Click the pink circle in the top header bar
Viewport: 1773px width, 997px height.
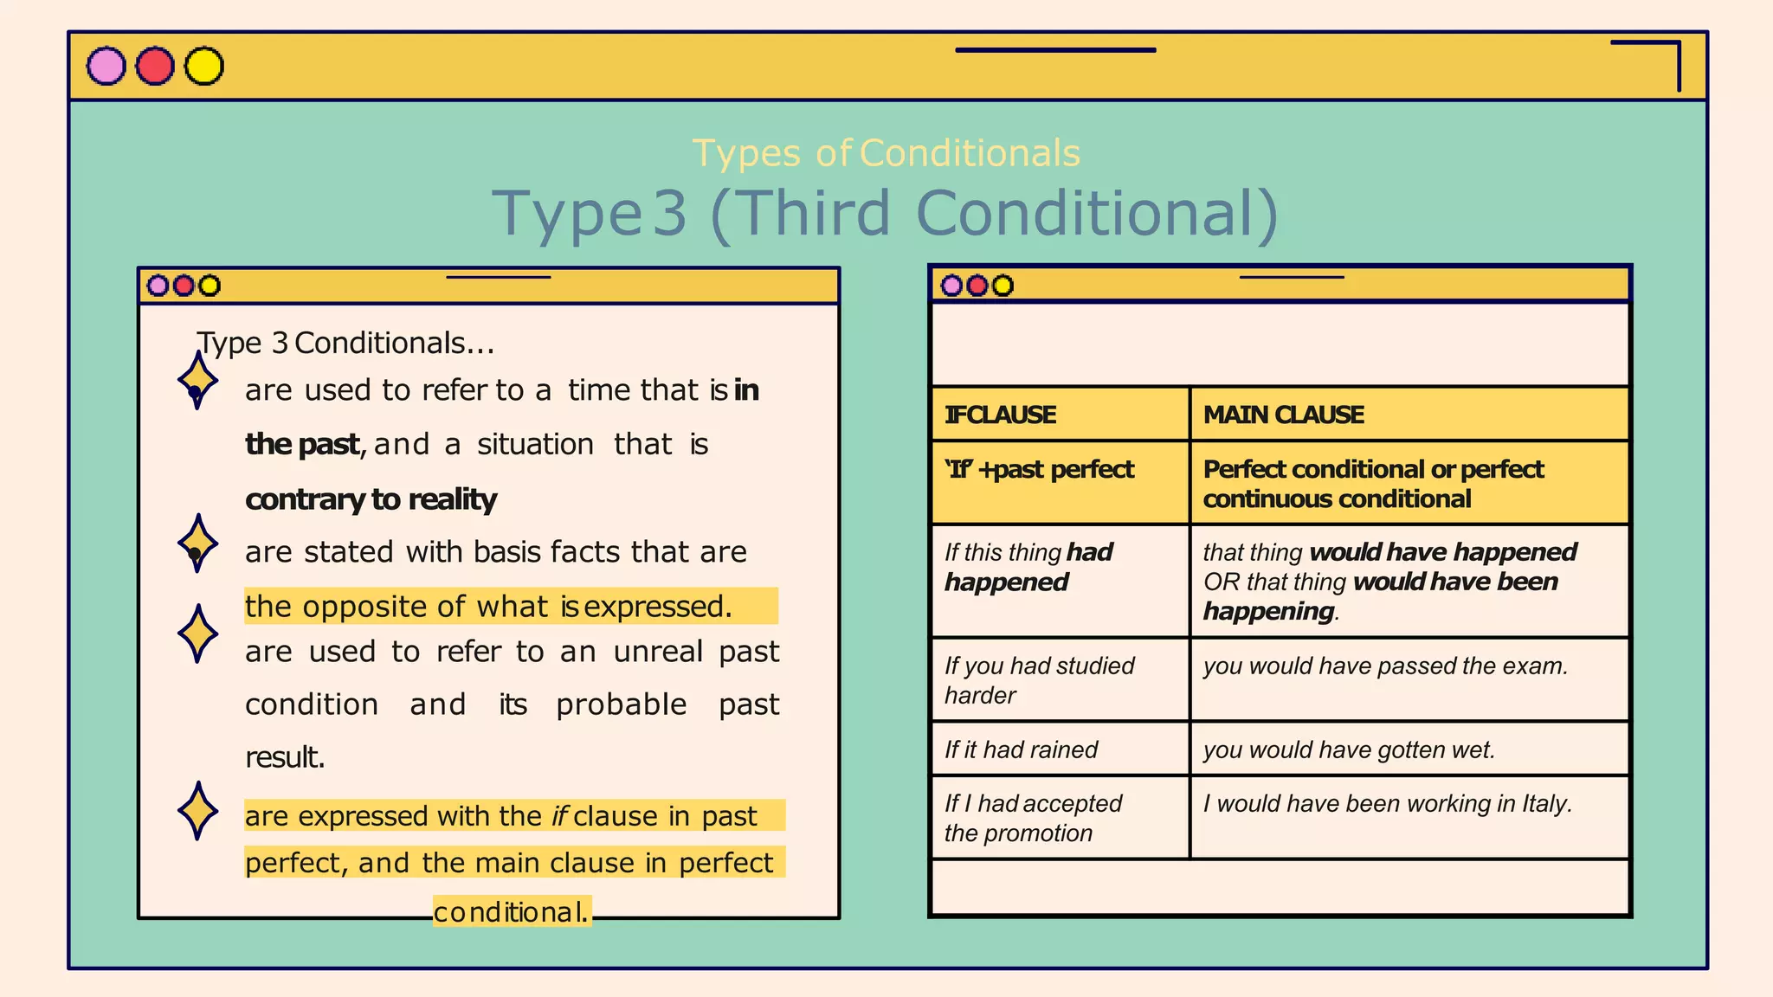(106, 67)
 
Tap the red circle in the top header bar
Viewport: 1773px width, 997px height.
(155, 67)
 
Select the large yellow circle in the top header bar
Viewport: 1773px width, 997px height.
(204, 67)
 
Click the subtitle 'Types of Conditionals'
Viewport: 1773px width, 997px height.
(886, 153)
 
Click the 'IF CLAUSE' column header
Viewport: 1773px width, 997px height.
(1000, 415)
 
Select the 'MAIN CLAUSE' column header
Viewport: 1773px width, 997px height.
(1283, 415)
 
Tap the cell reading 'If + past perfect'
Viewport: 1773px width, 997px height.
(1039, 469)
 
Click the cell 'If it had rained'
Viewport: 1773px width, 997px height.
(1021, 749)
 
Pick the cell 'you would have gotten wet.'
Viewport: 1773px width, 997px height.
(1349, 749)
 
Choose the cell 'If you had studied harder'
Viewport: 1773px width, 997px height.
(1039, 680)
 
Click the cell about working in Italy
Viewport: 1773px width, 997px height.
(1387, 804)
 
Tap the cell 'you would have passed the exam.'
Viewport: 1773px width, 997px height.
(1385, 666)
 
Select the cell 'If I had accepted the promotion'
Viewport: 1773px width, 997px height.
(1033, 818)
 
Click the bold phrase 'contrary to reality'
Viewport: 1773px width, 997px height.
(371, 499)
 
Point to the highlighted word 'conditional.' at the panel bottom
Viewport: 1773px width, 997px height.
(511, 911)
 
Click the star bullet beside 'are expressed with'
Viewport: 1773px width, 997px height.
(197, 811)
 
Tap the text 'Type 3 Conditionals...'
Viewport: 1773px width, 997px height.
(345, 343)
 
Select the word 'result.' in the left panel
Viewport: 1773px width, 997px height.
(285, 757)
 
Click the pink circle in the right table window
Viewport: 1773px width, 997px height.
(951, 286)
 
